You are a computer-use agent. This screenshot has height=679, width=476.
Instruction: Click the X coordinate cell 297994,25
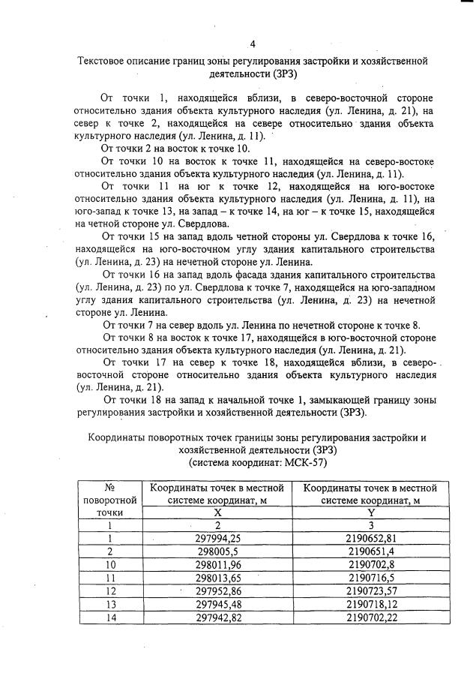click(x=217, y=538)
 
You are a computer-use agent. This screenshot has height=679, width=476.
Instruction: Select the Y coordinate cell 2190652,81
click(x=372, y=538)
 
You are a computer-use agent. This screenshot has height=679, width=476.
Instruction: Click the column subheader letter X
click(x=217, y=511)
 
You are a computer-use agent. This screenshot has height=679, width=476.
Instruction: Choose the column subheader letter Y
click(x=372, y=511)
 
